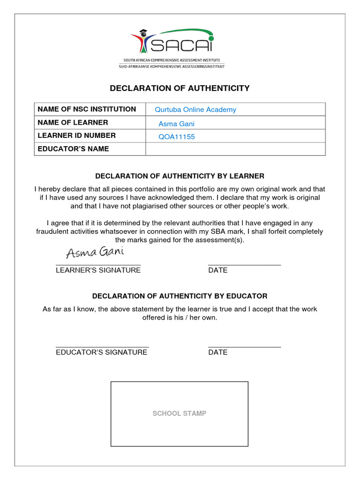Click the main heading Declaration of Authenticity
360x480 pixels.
click(x=180, y=88)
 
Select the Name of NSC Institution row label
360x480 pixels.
click(x=87, y=109)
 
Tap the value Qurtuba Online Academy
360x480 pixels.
click(x=195, y=110)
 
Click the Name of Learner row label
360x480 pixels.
click(x=73, y=122)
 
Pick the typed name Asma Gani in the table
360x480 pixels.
click(x=176, y=124)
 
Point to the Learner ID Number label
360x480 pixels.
click(x=76, y=135)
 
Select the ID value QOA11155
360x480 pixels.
click(x=177, y=137)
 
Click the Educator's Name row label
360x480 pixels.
click(x=73, y=149)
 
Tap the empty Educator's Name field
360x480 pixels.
click(x=235, y=149)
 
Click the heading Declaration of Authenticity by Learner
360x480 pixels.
click(x=180, y=176)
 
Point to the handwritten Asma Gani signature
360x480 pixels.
click(x=95, y=253)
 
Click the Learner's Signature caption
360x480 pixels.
click(x=98, y=270)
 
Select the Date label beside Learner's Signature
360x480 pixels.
click(x=218, y=270)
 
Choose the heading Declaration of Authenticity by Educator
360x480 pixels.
click(x=180, y=296)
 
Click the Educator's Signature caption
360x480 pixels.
click(x=101, y=352)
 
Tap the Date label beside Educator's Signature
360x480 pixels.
click(x=218, y=352)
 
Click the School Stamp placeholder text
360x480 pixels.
click(x=179, y=413)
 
